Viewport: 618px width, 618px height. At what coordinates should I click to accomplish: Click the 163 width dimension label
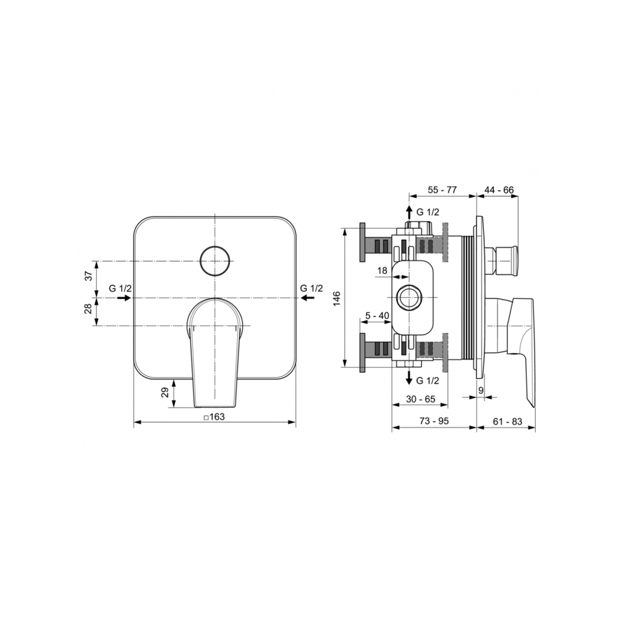pyautogui.click(x=214, y=417)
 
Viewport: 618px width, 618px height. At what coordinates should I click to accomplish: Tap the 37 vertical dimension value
pyautogui.click(x=90, y=275)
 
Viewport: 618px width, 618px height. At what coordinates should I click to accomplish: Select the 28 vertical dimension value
pyautogui.click(x=90, y=308)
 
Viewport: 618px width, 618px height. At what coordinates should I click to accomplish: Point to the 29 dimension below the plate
pyautogui.click(x=165, y=392)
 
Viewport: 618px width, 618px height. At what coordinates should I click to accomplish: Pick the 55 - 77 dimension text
pyautogui.click(x=442, y=190)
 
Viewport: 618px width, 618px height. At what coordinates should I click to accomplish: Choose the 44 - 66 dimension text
pyautogui.click(x=499, y=190)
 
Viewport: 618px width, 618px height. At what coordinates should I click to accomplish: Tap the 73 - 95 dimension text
pyautogui.click(x=434, y=421)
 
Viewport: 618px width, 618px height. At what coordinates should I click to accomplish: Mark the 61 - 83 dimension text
pyautogui.click(x=507, y=421)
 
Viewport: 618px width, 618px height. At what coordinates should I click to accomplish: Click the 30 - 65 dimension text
pyautogui.click(x=421, y=399)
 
